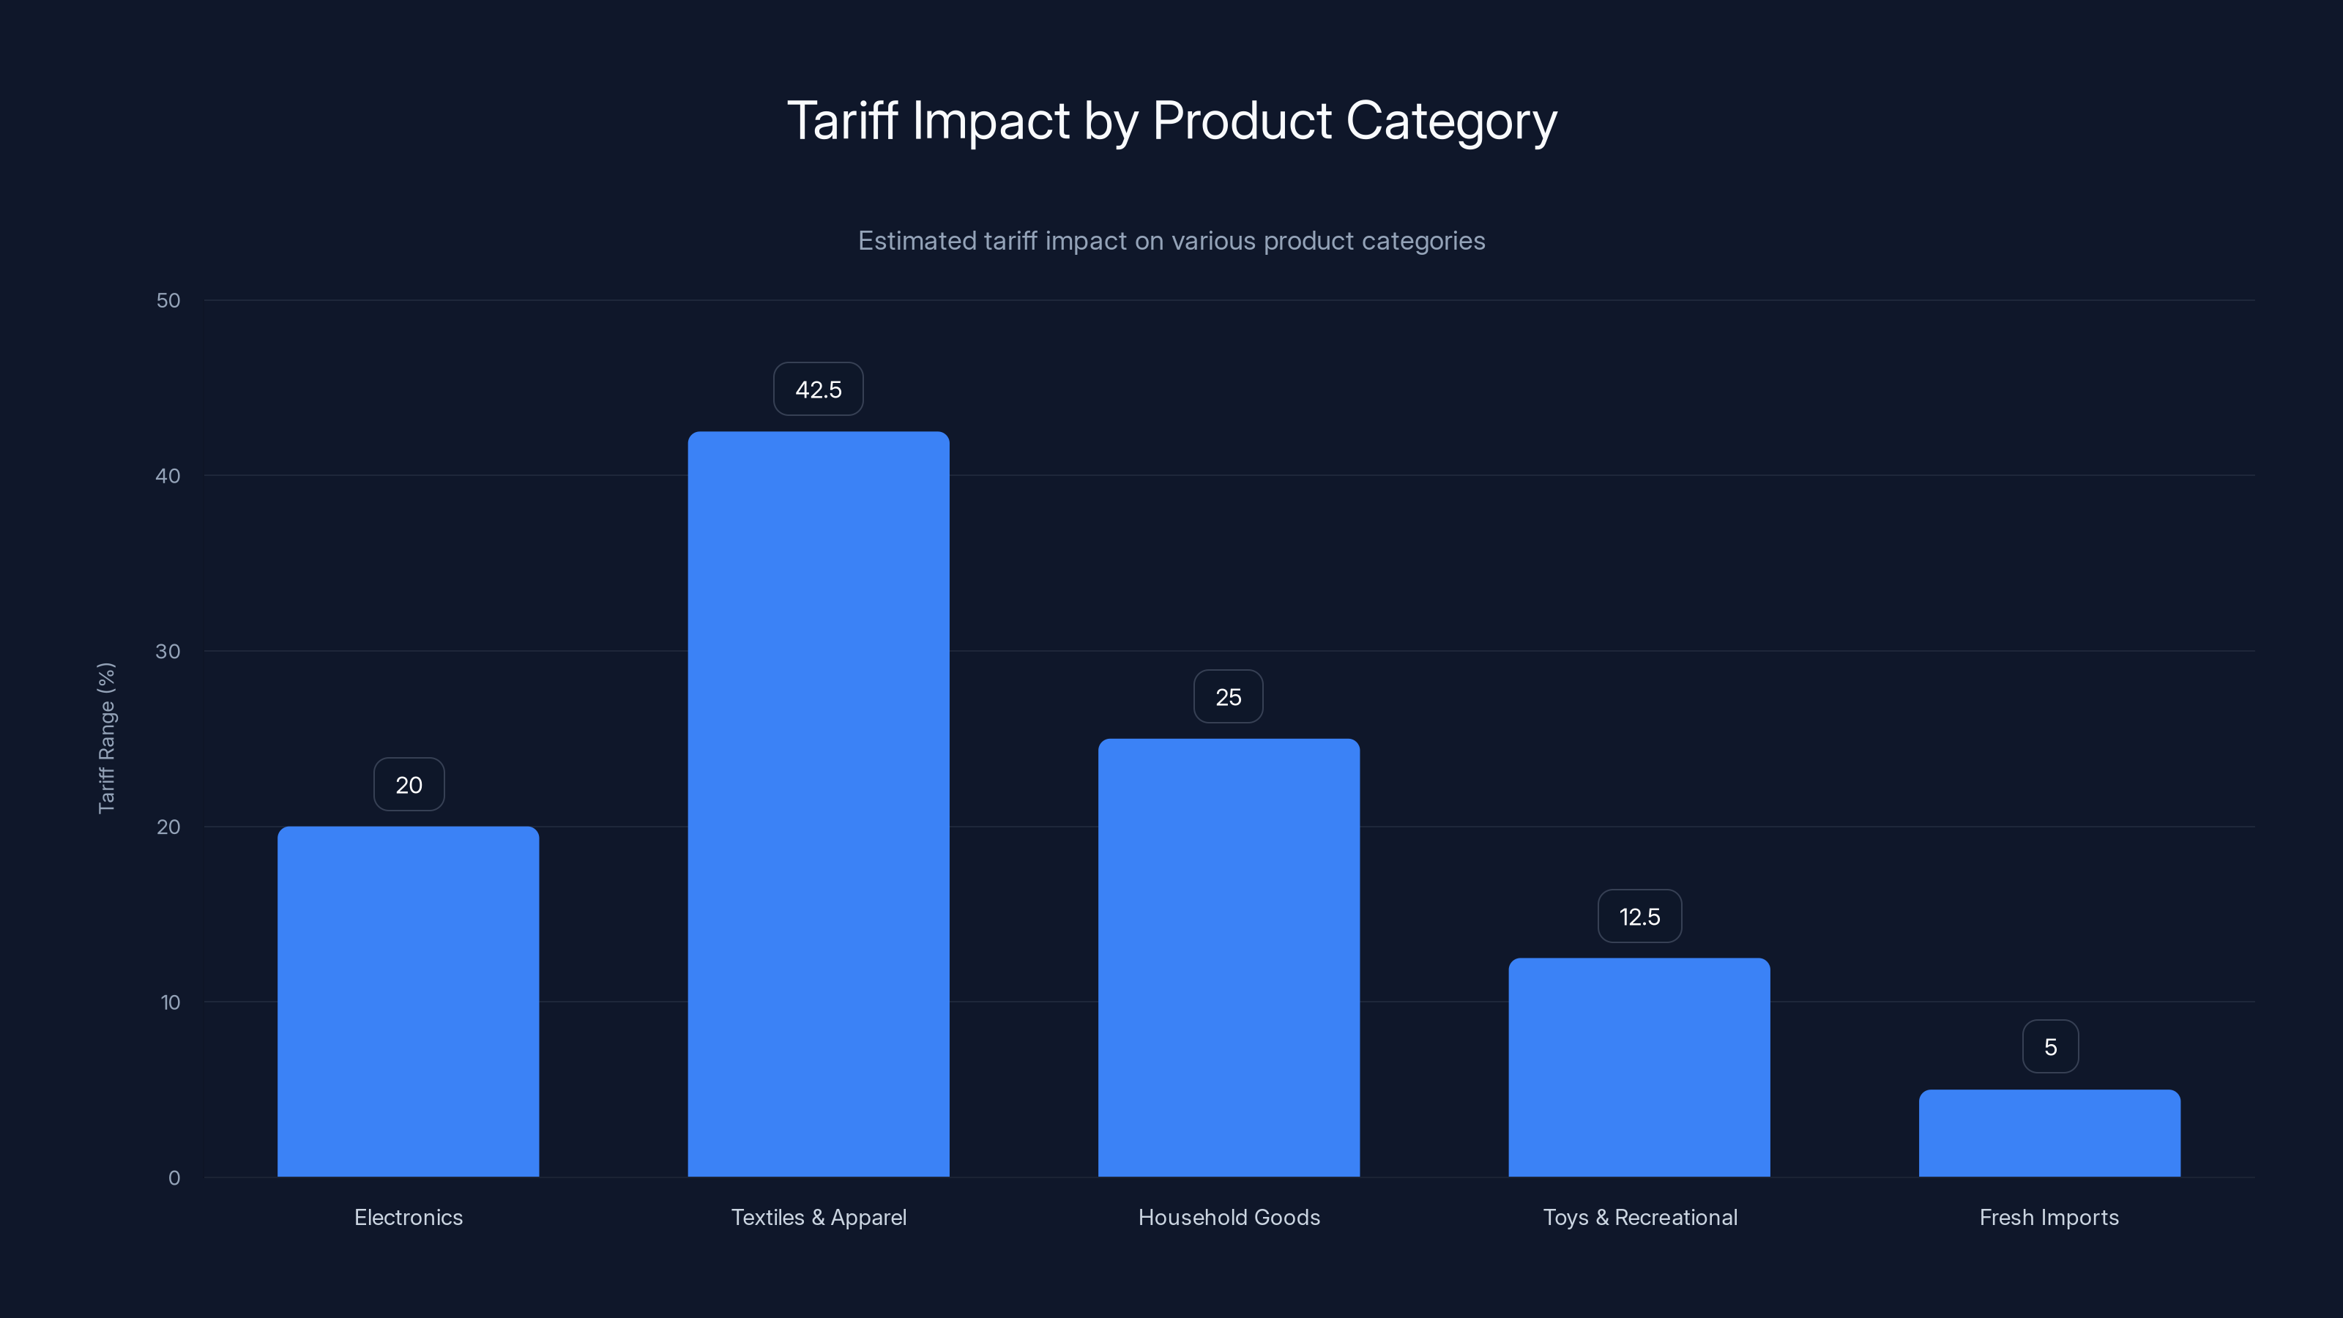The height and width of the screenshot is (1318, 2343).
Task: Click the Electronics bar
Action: (x=408, y=1000)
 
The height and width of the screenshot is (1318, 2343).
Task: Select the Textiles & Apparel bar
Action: (x=818, y=804)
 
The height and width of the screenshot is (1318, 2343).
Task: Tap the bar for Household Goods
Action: (x=1228, y=957)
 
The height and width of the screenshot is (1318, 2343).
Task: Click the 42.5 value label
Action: (x=818, y=390)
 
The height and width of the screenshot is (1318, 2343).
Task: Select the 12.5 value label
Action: (x=1639, y=916)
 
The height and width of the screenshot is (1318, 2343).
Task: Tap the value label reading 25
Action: (x=1228, y=697)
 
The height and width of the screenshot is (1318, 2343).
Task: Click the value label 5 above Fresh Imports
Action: (x=2050, y=1047)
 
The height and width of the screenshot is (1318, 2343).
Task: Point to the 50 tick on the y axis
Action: (x=168, y=300)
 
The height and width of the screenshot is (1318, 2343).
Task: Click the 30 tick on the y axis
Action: (x=168, y=651)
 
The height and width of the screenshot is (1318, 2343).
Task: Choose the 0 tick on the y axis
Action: (x=174, y=1178)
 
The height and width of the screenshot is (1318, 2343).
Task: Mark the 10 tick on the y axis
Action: (x=170, y=1002)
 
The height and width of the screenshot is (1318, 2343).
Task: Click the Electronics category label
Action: (x=409, y=1217)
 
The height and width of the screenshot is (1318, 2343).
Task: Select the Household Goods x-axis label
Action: (x=1229, y=1217)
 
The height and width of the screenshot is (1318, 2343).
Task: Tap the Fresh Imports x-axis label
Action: (x=2049, y=1217)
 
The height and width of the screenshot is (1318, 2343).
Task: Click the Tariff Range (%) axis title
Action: (x=106, y=737)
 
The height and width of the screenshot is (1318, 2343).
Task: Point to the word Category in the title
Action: (x=1452, y=122)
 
